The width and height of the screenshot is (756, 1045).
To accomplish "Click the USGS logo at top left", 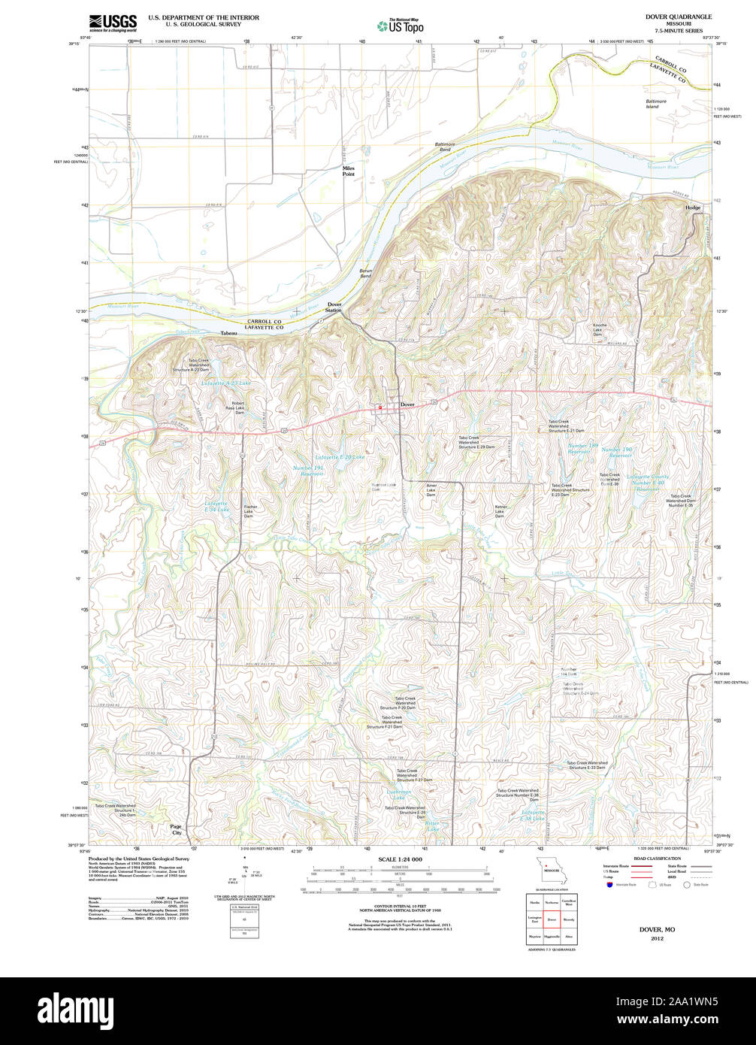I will (113, 22).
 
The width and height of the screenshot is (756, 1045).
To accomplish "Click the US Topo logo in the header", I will (401, 25).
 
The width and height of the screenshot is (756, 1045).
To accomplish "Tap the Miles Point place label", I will (348, 171).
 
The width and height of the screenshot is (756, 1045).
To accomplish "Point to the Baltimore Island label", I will (655, 104).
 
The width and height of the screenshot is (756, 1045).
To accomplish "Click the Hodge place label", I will (692, 207).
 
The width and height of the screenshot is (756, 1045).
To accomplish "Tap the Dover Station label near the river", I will (334, 307).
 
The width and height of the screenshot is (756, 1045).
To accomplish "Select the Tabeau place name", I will (229, 332).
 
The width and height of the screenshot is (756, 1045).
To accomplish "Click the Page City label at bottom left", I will (177, 829).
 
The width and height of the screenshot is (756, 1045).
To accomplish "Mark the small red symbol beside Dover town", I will (380, 407).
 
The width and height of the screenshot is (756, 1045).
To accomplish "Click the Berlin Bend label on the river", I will (365, 274).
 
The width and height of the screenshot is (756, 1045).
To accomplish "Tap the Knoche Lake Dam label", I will (599, 329).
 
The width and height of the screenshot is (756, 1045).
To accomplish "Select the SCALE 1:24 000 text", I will (400, 859).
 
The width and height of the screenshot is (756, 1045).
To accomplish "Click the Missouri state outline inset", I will (552, 871).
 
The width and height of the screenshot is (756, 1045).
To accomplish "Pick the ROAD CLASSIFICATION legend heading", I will (657, 859).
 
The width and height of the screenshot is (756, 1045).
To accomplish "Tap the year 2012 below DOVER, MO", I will (657, 938).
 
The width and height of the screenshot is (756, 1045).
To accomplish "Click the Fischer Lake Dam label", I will (251, 512).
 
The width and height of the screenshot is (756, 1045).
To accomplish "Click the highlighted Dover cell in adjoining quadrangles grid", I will (552, 919).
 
